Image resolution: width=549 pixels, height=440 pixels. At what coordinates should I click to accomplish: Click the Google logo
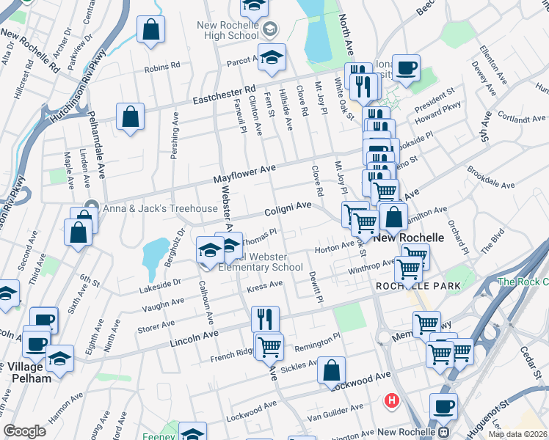coord(25,431)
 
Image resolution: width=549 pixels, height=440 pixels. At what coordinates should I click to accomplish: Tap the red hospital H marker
coord(393,401)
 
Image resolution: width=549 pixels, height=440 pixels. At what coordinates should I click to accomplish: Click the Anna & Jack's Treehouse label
coord(160,208)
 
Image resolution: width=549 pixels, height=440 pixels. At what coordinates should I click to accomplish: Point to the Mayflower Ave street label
coord(244,174)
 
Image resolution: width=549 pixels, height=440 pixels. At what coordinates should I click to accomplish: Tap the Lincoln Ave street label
coord(194,337)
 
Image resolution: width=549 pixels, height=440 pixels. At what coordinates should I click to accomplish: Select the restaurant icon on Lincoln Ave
coord(265,319)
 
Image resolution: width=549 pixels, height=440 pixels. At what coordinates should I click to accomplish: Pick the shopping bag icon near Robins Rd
coord(150,30)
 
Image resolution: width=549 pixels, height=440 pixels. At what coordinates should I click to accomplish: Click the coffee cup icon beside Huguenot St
coord(443,406)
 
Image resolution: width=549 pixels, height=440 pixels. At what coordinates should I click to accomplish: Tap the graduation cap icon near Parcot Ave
coord(272,57)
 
